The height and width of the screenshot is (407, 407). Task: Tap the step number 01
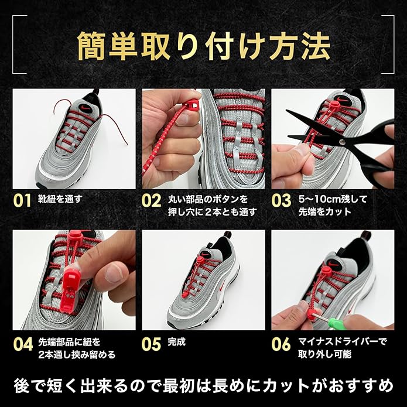click(22, 200)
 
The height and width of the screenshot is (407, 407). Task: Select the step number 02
click(151, 200)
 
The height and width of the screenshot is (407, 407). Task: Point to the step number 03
click(281, 200)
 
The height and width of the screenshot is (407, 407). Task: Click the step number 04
click(22, 344)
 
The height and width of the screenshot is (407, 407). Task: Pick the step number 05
click(151, 344)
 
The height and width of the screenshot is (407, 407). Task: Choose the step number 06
click(281, 344)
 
